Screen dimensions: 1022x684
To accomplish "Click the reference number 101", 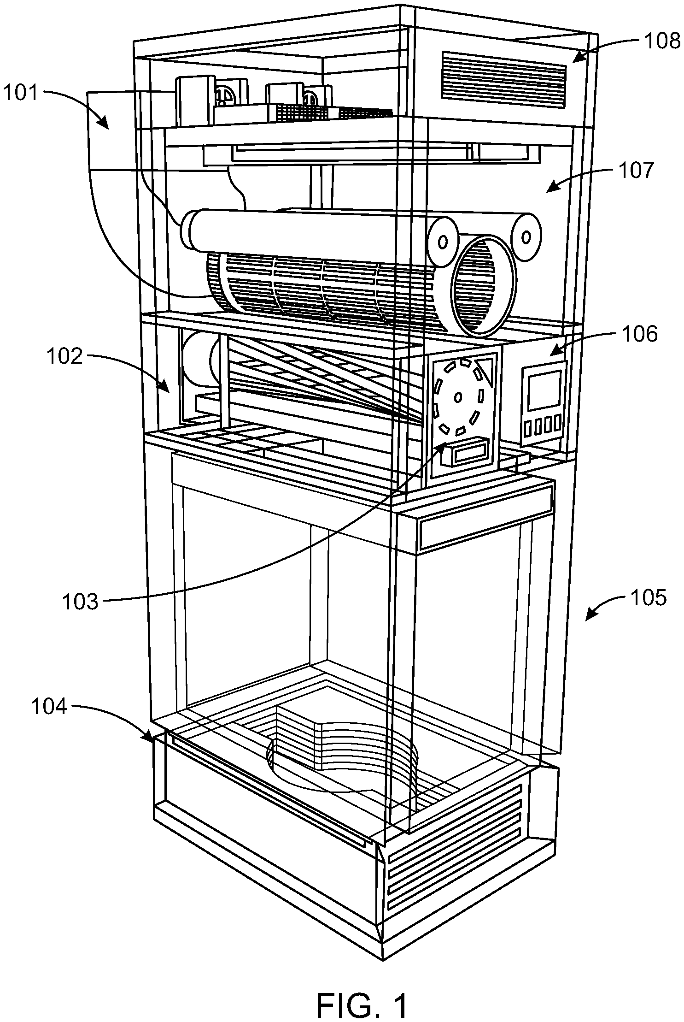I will [21, 94].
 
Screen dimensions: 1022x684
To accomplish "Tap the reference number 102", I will [65, 357].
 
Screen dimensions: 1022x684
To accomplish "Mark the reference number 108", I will [662, 41].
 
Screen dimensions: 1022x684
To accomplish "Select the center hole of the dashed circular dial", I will [458, 396].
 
